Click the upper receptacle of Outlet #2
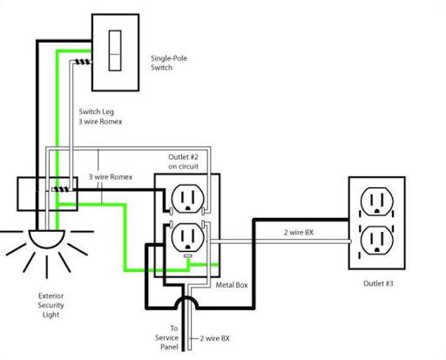[188, 200]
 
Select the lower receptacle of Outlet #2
[188, 236]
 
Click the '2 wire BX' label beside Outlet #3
[299, 234]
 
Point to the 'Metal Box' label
[232, 285]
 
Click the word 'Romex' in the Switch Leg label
[111, 121]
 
